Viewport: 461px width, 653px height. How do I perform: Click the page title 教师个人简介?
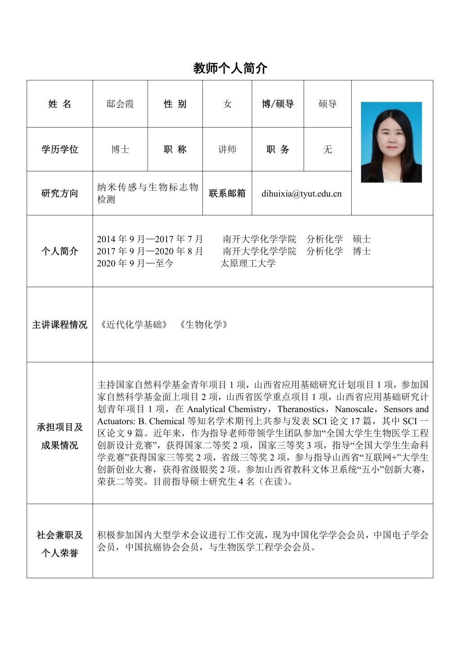tap(230, 69)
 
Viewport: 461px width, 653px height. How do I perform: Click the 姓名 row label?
tap(59, 104)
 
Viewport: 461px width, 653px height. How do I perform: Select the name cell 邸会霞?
tap(120, 104)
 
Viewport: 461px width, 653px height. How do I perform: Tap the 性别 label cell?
tap(175, 104)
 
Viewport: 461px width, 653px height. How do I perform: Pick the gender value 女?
tap(227, 104)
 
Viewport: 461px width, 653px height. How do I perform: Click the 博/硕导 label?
tap(277, 104)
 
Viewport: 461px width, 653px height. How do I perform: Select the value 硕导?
tap(327, 104)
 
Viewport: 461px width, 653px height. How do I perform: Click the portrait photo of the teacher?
tap(391, 142)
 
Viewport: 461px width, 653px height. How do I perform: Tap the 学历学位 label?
tap(59, 149)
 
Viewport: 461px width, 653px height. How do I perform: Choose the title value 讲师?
tap(227, 149)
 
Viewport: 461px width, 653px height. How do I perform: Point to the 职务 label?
tap(277, 149)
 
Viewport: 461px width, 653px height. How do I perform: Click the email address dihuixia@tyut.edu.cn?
tap(301, 194)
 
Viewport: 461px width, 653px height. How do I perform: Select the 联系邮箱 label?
tap(227, 193)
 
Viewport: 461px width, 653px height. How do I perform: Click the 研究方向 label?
tap(59, 193)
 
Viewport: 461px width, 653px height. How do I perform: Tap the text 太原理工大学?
tap(248, 263)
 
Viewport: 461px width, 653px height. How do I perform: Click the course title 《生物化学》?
tap(203, 325)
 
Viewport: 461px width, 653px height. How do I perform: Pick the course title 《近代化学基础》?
tap(134, 325)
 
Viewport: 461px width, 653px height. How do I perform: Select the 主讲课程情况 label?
tap(59, 325)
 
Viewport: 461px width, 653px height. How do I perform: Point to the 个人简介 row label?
tap(59, 251)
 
